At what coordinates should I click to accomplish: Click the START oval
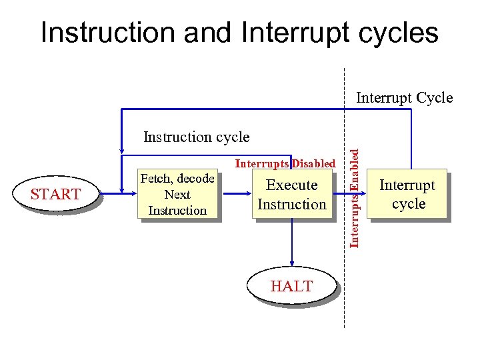pos(55,194)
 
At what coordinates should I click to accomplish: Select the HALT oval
pos(291,286)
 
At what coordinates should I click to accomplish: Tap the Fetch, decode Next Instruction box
pos(177,194)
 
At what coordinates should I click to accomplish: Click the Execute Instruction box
pos(292,195)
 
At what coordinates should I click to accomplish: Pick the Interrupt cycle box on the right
pos(407,194)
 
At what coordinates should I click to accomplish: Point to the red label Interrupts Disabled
pos(285,163)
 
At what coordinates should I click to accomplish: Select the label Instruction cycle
pos(196,137)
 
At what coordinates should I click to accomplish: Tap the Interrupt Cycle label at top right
pos(404,98)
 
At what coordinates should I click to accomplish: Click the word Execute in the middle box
pos(292,185)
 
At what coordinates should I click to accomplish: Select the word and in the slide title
pos(208,33)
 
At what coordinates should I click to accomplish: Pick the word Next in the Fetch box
pos(177,195)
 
